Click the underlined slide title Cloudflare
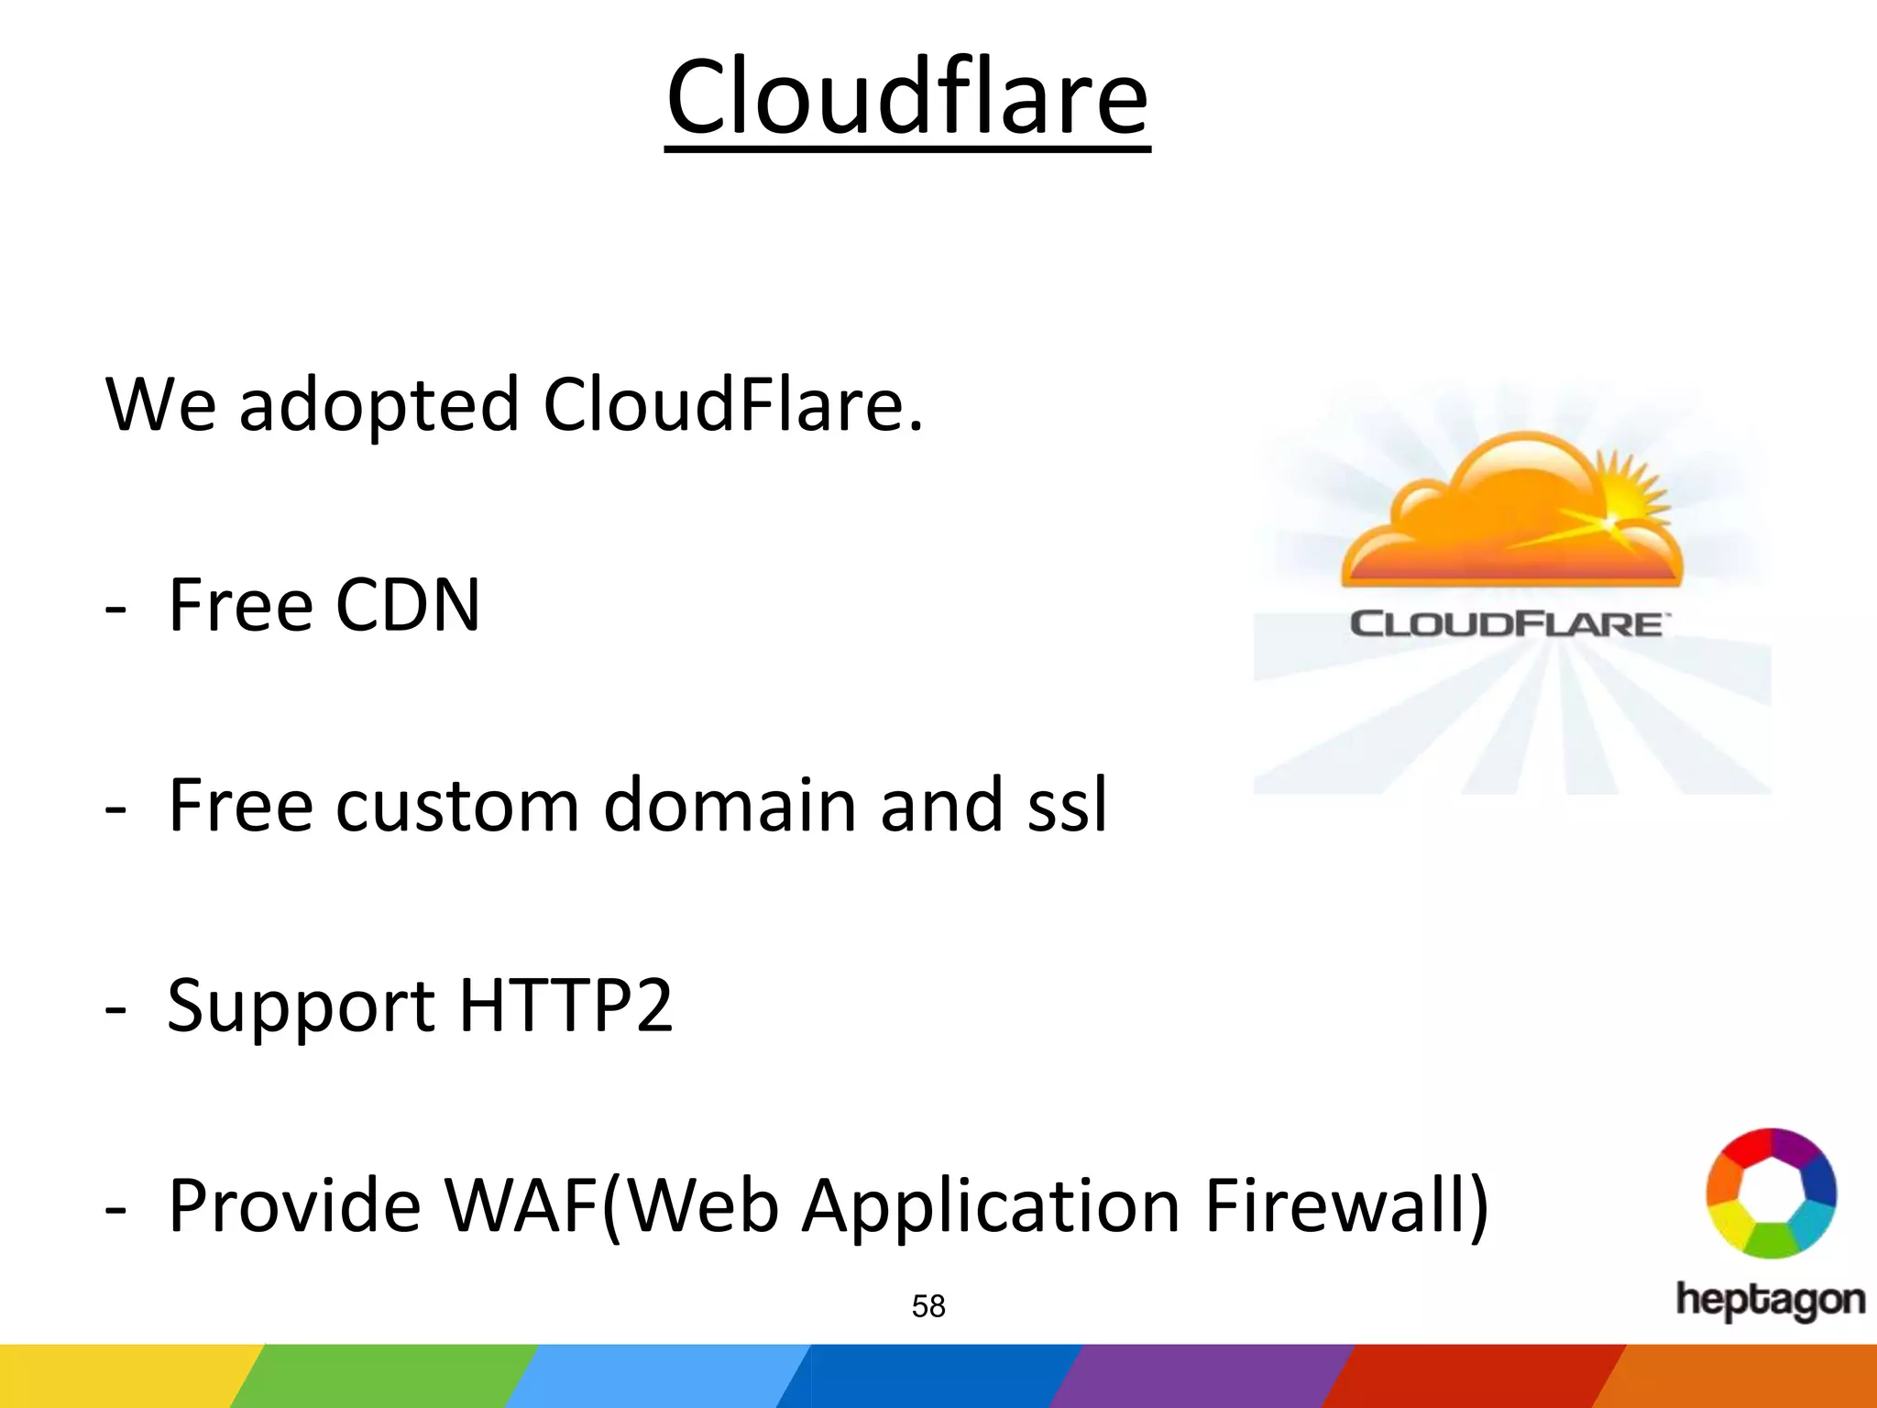[906, 97]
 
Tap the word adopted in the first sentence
[379, 405]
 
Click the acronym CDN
[407, 605]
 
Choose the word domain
[730, 805]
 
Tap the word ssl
[1067, 805]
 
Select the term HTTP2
[565, 1005]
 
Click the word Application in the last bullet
[991, 1206]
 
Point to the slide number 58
[928, 1306]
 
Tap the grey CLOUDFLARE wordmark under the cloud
[1508, 624]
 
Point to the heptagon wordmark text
[1770, 1301]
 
